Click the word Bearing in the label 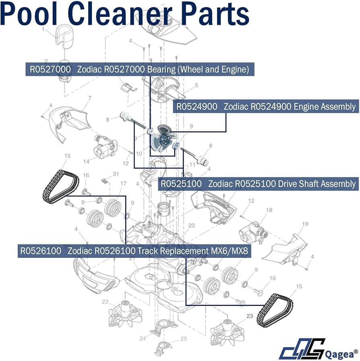(160, 69)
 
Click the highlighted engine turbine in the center (162, 138)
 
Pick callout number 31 (116, 174)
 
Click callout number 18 (269, 210)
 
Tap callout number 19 (305, 224)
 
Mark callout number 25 (184, 338)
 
